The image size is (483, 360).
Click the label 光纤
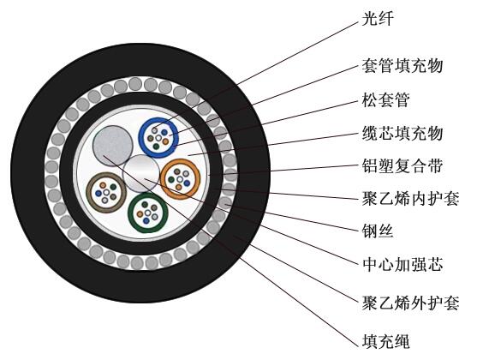pyautogui.click(x=378, y=19)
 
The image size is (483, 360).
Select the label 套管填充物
pyautogui.click(x=402, y=66)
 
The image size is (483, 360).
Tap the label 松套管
pyautogui.click(x=385, y=99)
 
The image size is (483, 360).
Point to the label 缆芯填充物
pyautogui.click(x=402, y=133)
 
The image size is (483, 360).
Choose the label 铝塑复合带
pyautogui.click(x=402, y=165)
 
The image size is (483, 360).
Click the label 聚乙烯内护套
pyautogui.click(x=410, y=199)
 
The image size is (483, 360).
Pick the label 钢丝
pyautogui.click(x=378, y=231)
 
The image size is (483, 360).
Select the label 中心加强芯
pyautogui.click(x=402, y=265)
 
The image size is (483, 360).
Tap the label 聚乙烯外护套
pyautogui.click(x=410, y=303)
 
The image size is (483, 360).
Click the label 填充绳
pyautogui.click(x=385, y=341)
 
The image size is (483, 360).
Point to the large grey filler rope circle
pyautogui.click(x=113, y=146)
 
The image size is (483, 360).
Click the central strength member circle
pyautogui.click(x=141, y=173)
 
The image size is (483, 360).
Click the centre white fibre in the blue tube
pyautogui.click(x=158, y=138)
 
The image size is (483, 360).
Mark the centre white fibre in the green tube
pyautogui.click(x=148, y=213)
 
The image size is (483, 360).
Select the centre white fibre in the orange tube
pyautogui.click(x=180, y=179)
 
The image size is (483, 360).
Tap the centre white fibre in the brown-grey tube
pyautogui.click(x=106, y=193)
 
